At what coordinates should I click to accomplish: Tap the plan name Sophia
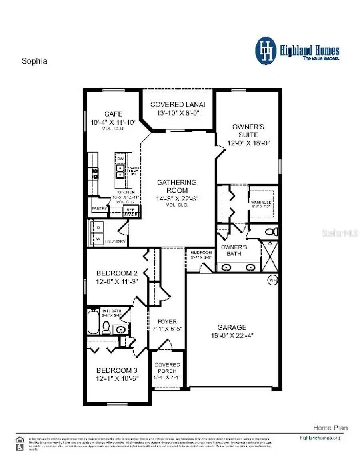[34, 61]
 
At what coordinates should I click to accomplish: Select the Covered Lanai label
[178, 104]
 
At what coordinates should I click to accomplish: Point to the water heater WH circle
[273, 280]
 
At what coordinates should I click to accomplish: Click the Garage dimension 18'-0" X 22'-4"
[232, 335]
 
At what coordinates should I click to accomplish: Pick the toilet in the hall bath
[106, 328]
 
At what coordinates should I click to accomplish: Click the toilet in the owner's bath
[272, 232]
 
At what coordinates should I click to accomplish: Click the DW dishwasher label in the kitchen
[121, 159]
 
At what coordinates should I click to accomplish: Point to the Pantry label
[99, 209]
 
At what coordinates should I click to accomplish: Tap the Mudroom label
[201, 253]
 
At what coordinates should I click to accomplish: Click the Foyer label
[167, 321]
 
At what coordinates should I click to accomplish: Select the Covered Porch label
[167, 368]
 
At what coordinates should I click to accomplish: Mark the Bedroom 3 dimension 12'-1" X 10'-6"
[117, 378]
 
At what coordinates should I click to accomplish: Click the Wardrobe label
[261, 203]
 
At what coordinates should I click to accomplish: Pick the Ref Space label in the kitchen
[130, 212]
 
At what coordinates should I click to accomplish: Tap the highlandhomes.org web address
[320, 438]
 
